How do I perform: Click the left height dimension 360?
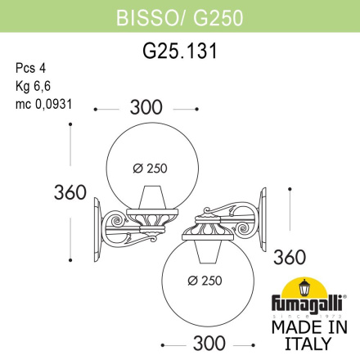[x=70, y=193]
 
